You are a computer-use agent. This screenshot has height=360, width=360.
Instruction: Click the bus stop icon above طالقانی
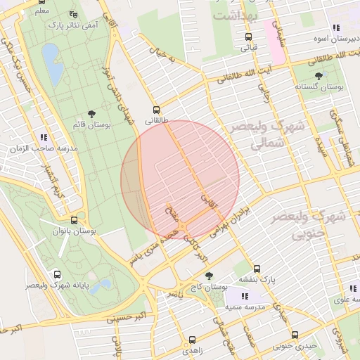pyautogui.click(x=156, y=110)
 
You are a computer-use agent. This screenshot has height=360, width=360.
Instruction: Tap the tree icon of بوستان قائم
pyautogui.click(x=91, y=113)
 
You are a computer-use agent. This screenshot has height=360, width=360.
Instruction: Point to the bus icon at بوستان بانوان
pyautogui.click(x=76, y=219)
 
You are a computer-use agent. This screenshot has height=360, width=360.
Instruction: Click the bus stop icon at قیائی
pyautogui.click(x=248, y=37)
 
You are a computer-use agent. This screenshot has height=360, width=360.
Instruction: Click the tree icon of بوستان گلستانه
pyautogui.click(x=319, y=76)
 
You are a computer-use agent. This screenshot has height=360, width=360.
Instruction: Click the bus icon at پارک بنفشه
pyautogui.click(x=257, y=269)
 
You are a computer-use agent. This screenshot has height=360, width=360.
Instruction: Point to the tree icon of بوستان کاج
pyautogui.click(x=209, y=276)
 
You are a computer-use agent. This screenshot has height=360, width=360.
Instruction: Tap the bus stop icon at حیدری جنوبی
pyautogui.click(x=294, y=335)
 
